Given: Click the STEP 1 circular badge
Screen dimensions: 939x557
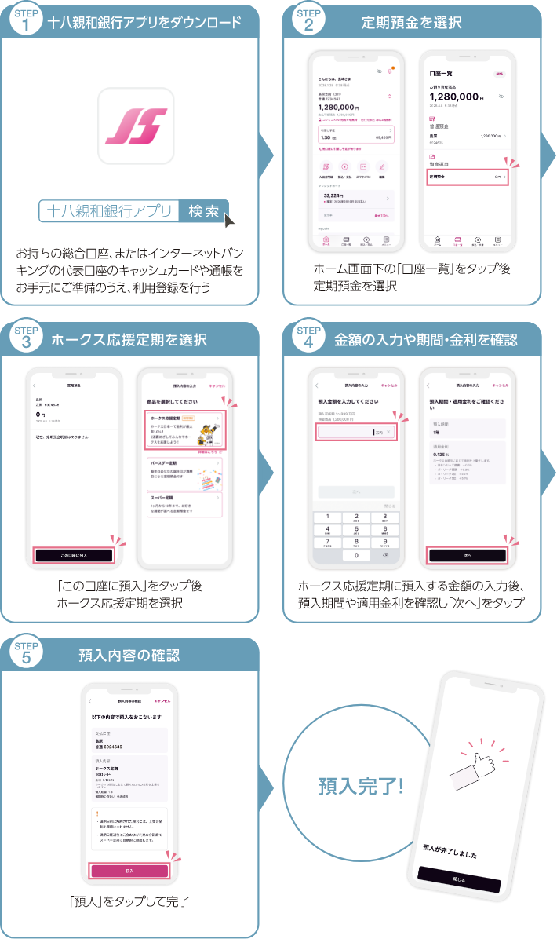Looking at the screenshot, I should point(26,21).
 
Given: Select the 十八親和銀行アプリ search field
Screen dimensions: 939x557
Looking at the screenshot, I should point(108,211).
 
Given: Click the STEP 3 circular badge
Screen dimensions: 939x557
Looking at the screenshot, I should point(26,339).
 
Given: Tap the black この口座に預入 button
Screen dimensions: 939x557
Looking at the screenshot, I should point(74,555).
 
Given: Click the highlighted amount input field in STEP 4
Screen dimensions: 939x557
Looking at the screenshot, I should point(357,432).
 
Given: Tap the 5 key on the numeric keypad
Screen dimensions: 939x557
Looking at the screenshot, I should point(357,529).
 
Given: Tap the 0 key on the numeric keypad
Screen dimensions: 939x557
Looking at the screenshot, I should point(357,555).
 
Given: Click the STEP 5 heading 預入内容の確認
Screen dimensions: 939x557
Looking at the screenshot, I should point(129,655).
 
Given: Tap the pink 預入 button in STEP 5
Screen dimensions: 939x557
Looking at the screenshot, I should point(129,871).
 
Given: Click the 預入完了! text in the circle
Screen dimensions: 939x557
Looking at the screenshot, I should point(361,786).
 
